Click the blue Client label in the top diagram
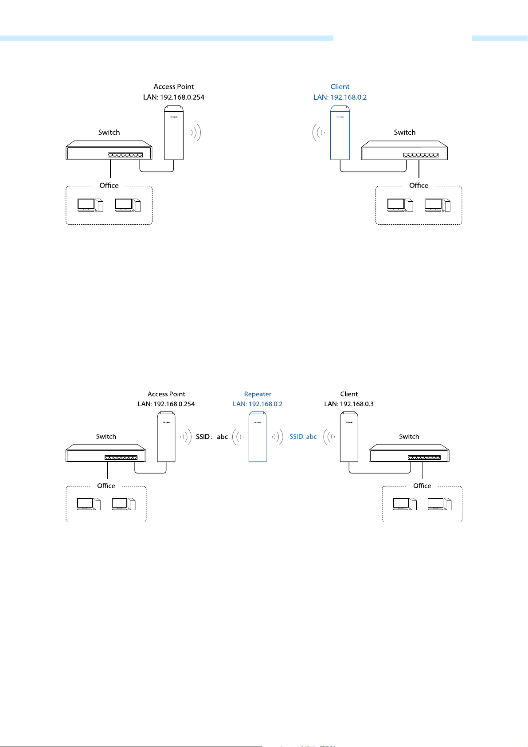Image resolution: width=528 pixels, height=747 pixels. click(x=340, y=87)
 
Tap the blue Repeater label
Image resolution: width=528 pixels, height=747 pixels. click(x=258, y=394)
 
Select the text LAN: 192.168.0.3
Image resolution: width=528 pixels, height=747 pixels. click(x=349, y=404)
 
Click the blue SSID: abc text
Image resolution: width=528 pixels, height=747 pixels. click(x=303, y=437)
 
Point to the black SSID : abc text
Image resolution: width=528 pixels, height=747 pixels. click(x=212, y=437)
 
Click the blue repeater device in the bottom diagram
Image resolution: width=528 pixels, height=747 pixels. click(x=258, y=437)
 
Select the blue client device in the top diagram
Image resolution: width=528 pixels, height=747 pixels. click(x=340, y=133)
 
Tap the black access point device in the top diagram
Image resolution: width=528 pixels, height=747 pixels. click(x=174, y=133)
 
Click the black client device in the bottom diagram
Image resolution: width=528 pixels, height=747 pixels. click(x=349, y=437)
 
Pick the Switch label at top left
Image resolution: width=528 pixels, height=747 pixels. click(x=109, y=133)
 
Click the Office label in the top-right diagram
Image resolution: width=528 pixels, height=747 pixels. click(x=418, y=185)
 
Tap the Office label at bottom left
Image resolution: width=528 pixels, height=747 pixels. click(x=106, y=485)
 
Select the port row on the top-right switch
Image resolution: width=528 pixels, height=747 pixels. click(x=421, y=155)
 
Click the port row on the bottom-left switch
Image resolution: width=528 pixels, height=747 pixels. click(x=121, y=458)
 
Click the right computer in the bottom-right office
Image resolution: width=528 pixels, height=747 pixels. click(x=440, y=504)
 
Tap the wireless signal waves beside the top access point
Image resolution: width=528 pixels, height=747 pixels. click(x=195, y=133)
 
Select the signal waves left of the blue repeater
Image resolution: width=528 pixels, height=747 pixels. click(x=238, y=437)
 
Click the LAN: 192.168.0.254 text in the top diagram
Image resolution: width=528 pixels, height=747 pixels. click(x=174, y=98)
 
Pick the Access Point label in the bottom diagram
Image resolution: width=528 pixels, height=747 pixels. click(x=166, y=394)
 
